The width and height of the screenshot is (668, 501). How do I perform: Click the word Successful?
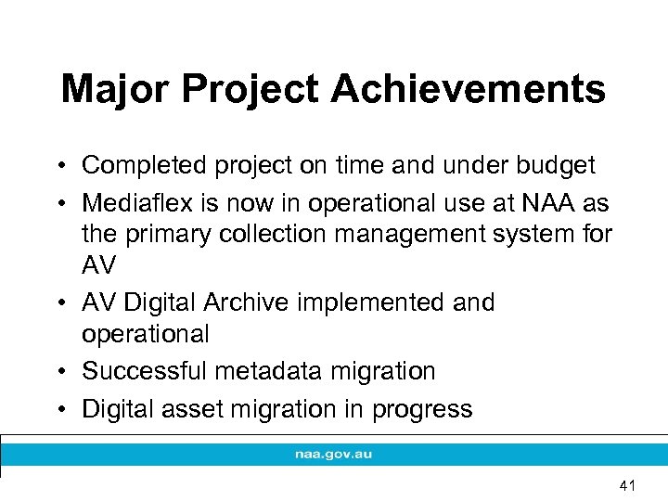[x=145, y=371]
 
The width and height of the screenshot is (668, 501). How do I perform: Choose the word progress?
[x=426, y=409]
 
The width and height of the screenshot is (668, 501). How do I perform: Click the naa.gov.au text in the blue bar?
[x=334, y=455]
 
